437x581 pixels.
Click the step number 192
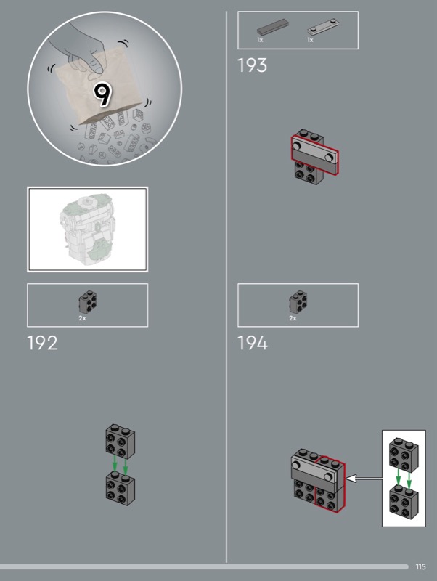pyautogui.click(x=42, y=343)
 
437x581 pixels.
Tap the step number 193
pyautogui.click(x=252, y=65)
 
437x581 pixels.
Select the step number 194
pyautogui.click(x=252, y=343)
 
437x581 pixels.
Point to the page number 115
pyautogui.click(x=420, y=567)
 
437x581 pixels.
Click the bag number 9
pyautogui.click(x=102, y=95)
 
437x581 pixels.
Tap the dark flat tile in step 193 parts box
pyautogui.click(x=273, y=27)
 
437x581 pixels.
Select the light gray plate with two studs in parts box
pyautogui.click(x=323, y=27)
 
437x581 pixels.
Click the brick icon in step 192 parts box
pyautogui.click(x=88, y=302)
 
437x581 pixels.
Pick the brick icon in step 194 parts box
pyautogui.click(x=298, y=302)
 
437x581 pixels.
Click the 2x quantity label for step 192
pyautogui.click(x=82, y=318)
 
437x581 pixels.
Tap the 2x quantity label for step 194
pyautogui.click(x=293, y=318)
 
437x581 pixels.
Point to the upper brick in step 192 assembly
pyautogui.click(x=121, y=442)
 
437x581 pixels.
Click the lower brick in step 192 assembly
pyautogui.click(x=121, y=488)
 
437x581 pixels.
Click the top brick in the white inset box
pyautogui.click(x=404, y=455)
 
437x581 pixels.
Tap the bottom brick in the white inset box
pyautogui.click(x=404, y=502)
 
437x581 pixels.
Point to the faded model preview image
pyautogui.click(x=88, y=229)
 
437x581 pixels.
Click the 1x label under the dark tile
pyautogui.click(x=260, y=40)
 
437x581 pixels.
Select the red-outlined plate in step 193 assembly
pyautogui.click(x=315, y=155)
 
